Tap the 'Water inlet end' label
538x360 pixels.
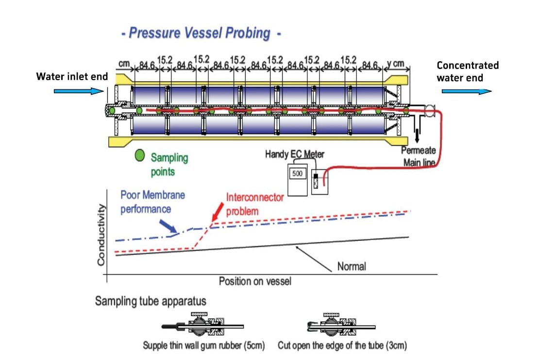click(72, 77)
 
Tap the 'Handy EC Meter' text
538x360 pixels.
click(295, 154)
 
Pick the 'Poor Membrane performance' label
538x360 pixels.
click(152, 202)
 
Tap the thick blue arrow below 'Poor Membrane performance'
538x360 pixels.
click(169, 226)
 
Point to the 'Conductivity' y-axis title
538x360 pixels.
click(101, 235)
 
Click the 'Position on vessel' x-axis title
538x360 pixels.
click(255, 281)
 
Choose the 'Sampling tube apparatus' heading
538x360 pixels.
click(151, 301)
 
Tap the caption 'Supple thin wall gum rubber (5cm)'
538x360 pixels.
click(204, 346)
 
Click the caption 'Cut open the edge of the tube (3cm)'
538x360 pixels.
click(342, 346)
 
